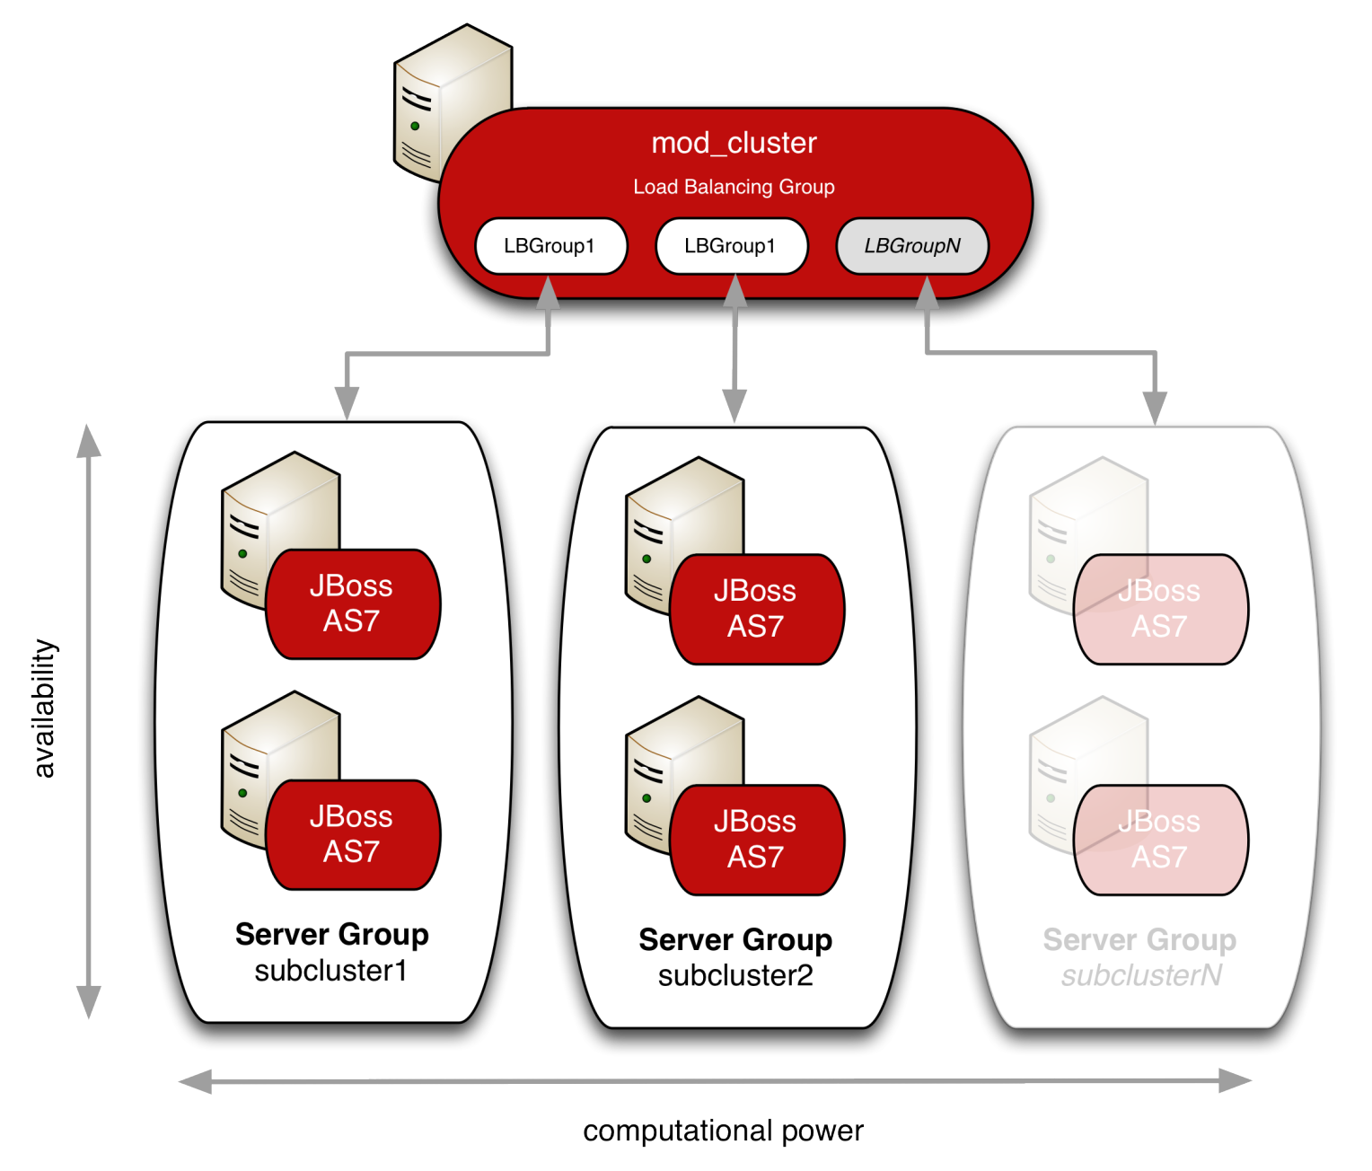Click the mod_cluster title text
tap(734, 143)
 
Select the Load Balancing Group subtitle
tap(734, 187)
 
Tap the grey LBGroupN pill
tap(911, 246)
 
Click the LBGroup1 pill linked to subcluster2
tap(731, 246)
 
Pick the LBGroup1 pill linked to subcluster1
tap(550, 246)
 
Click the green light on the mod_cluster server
tap(415, 126)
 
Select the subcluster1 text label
tap(330, 971)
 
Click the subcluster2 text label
tap(735, 976)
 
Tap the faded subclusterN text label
tap(1141, 976)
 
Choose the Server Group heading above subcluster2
tap(735, 940)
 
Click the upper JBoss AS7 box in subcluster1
tap(352, 604)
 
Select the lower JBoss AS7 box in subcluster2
tap(756, 840)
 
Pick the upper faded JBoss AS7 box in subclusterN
tap(1160, 609)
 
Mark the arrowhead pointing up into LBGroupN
tap(927, 295)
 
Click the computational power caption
tap(724, 1131)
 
